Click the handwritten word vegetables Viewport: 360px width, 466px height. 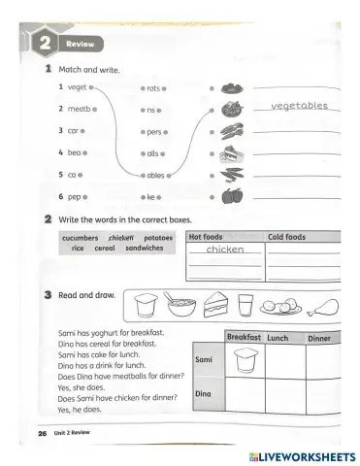[x=299, y=106]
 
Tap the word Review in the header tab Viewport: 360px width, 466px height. [x=80, y=45]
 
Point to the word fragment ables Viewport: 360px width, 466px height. [x=158, y=175]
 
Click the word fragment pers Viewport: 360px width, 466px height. [x=155, y=130]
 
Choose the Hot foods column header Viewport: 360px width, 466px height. [x=206, y=236]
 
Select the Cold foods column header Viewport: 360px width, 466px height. [x=286, y=236]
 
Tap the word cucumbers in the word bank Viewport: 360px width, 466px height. [x=81, y=237]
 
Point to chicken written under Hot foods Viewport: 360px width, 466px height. [x=225, y=250]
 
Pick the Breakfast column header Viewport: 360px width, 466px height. [x=244, y=337]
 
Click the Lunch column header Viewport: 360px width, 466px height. [x=278, y=337]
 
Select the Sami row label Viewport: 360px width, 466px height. [x=204, y=359]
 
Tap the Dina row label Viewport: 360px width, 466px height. [x=204, y=393]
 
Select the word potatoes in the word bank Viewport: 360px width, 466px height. [x=157, y=237]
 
